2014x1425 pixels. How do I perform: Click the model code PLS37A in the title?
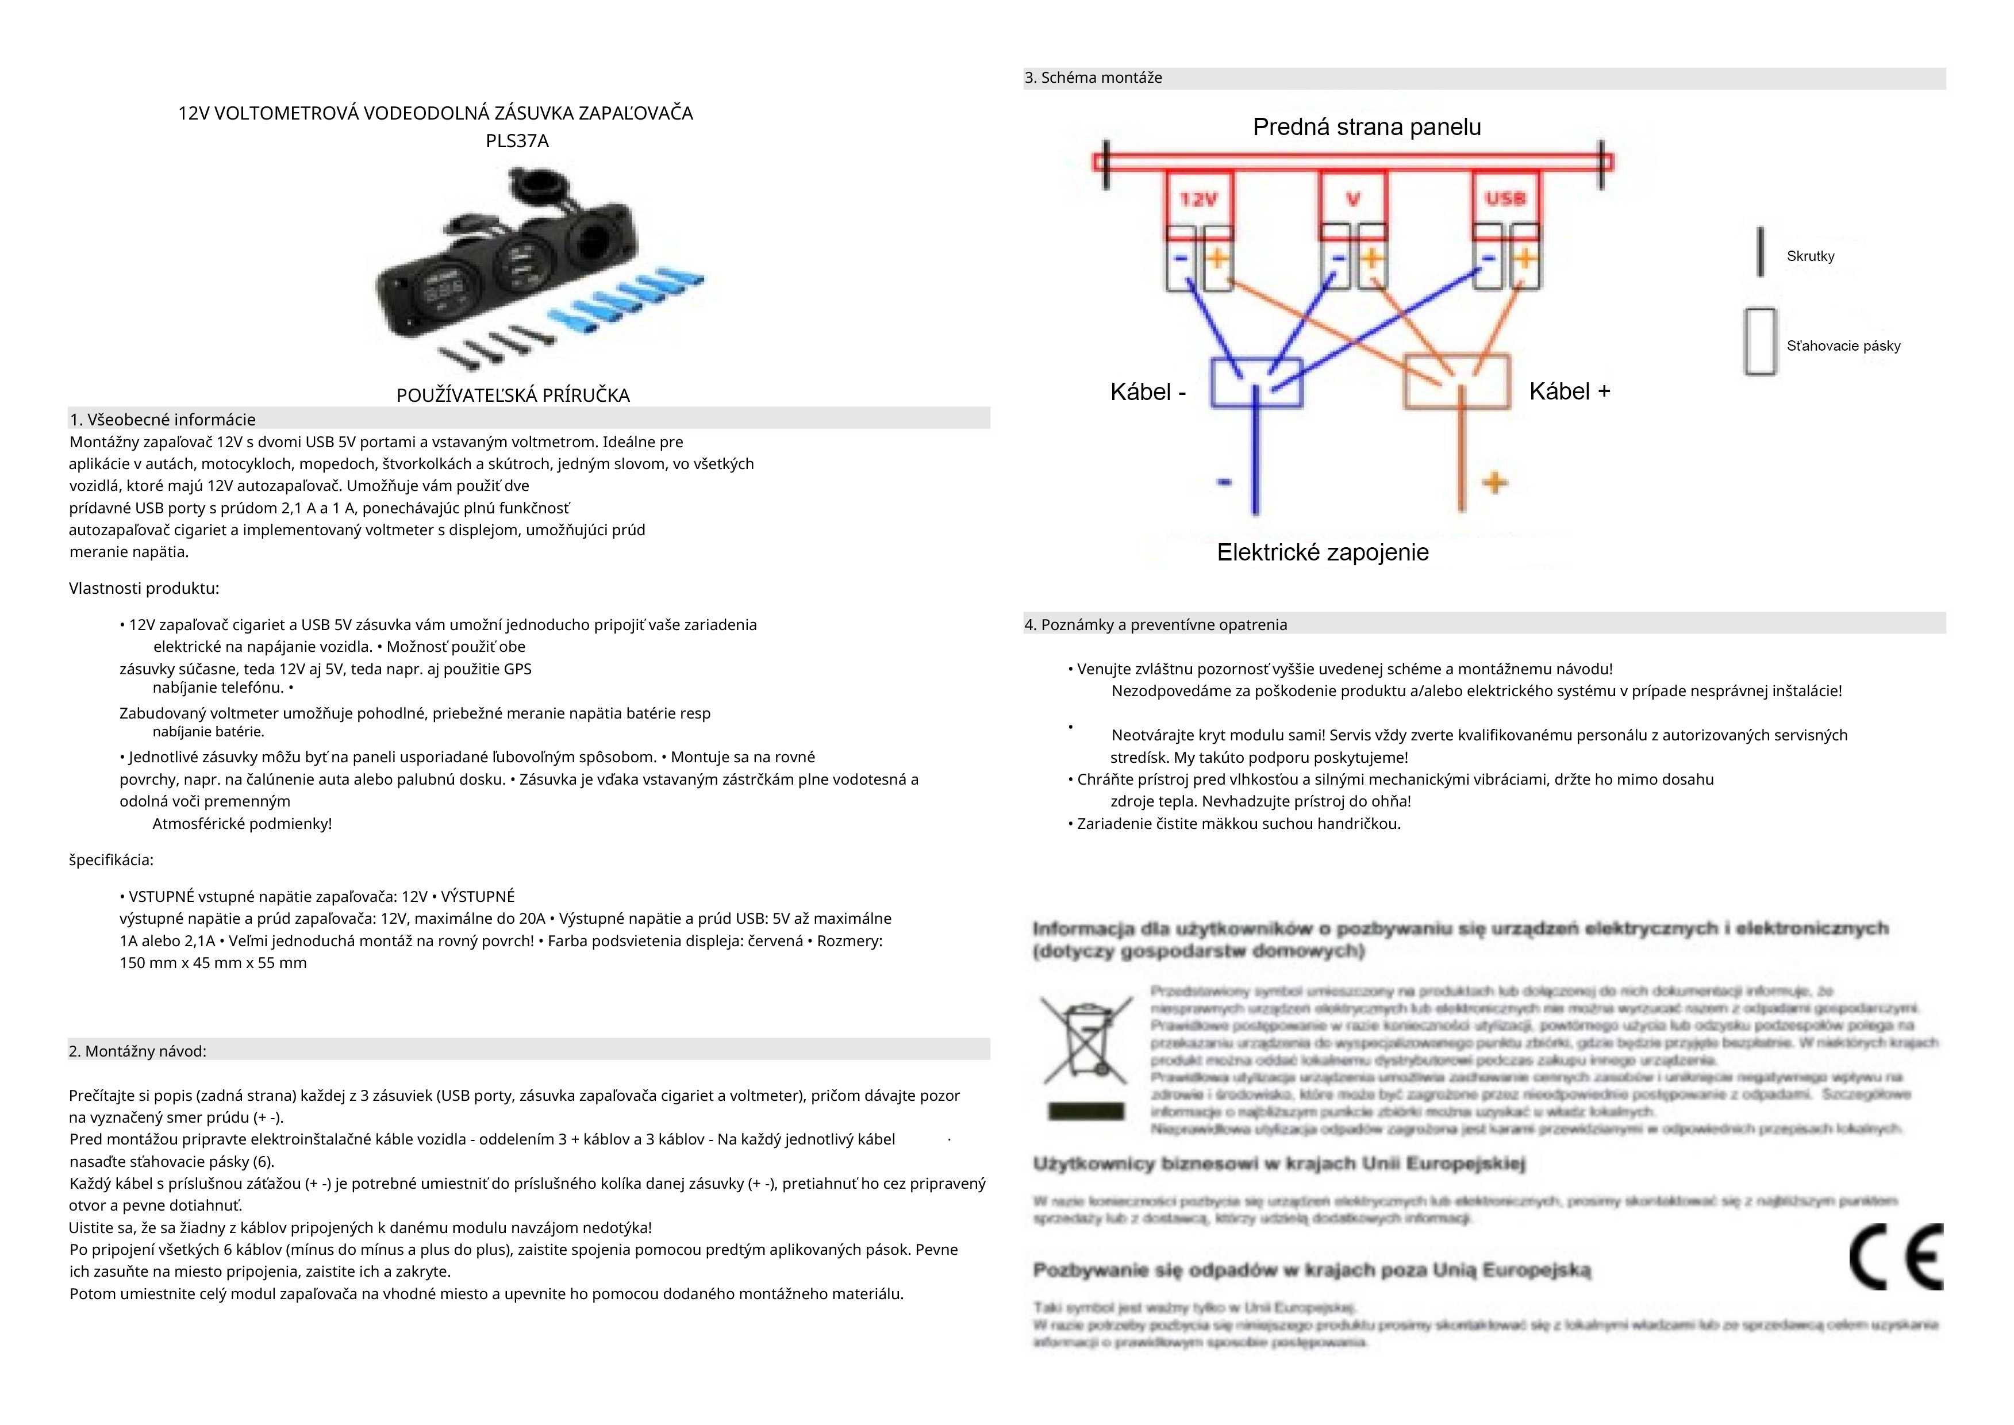tap(517, 141)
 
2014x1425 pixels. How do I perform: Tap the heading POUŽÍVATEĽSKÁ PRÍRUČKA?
tap(513, 395)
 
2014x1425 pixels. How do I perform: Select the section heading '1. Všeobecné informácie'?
tap(163, 420)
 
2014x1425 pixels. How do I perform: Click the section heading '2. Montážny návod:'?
tap(138, 1051)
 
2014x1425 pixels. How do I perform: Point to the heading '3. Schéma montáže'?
tap(1093, 78)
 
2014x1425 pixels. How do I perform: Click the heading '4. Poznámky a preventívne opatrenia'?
tap(1156, 625)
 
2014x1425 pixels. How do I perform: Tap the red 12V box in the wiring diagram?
tap(1198, 200)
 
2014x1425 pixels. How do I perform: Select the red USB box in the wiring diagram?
tap(1505, 199)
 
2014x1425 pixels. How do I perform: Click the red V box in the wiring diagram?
tap(1354, 200)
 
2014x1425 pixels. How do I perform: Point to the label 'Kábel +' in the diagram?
tap(1569, 391)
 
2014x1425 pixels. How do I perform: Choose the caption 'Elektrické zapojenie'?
tap(1323, 553)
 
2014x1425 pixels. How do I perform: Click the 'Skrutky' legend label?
tap(1811, 256)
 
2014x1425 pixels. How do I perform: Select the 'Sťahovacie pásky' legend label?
tap(1843, 345)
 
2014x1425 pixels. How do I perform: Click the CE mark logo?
tap(1896, 1257)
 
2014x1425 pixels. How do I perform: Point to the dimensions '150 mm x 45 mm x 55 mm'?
tap(213, 963)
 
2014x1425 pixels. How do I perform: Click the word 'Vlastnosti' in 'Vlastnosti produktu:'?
tap(105, 588)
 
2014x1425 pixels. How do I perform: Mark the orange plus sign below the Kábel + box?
tap(1496, 483)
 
